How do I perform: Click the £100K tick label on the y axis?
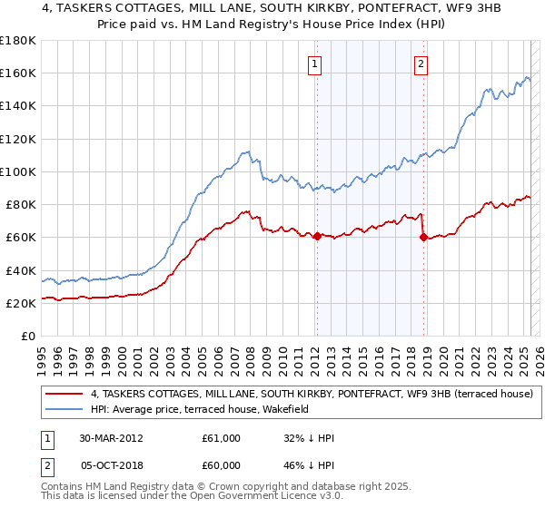(x=17, y=171)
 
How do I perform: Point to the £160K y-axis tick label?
(x=17, y=73)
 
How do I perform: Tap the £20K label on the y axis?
(x=20, y=304)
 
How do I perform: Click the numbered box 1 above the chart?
(x=314, y=63)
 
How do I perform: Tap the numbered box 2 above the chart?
(x=422, y=63)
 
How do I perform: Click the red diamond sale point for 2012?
(x=317, y=236)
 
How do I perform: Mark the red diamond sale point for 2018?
(x=423, y=238)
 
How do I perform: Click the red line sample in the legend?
(x=64, y=394)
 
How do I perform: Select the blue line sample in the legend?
(x=64, y=410)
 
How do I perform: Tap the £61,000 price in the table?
(x=222, y=438)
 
